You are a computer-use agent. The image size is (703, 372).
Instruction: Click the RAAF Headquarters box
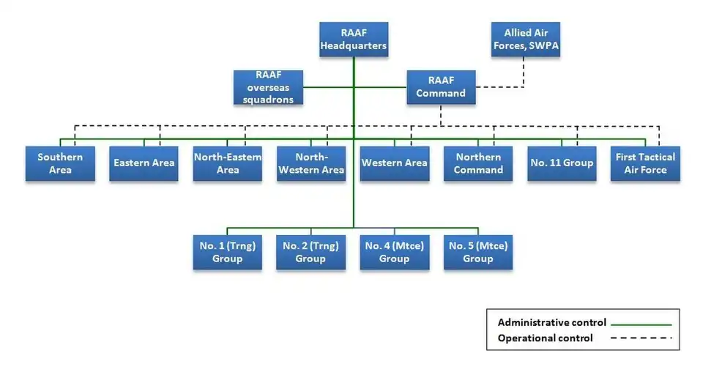354,40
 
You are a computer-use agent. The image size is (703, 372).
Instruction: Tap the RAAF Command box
441,86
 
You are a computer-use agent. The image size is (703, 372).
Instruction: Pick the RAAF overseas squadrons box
268,87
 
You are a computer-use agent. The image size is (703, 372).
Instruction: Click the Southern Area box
60,163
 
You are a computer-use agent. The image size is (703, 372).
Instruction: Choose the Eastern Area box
144,163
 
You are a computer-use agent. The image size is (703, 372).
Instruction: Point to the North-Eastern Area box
227,163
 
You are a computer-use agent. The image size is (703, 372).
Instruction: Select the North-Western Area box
310,163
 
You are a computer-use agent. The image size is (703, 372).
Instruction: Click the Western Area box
394,163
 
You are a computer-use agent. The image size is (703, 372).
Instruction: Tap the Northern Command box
478,163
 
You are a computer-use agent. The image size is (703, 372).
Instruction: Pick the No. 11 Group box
562,163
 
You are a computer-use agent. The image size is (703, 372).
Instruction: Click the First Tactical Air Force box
645,163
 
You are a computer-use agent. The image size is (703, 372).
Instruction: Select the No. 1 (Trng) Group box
227,252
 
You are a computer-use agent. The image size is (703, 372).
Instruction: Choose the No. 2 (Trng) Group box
310,252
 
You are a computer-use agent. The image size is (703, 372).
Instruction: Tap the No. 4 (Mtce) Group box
394,252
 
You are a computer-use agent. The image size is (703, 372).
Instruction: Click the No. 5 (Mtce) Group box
478,252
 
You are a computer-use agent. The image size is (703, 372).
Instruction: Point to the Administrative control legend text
552,322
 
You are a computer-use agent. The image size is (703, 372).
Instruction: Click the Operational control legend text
546,338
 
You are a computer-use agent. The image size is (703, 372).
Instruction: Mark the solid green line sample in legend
642,323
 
